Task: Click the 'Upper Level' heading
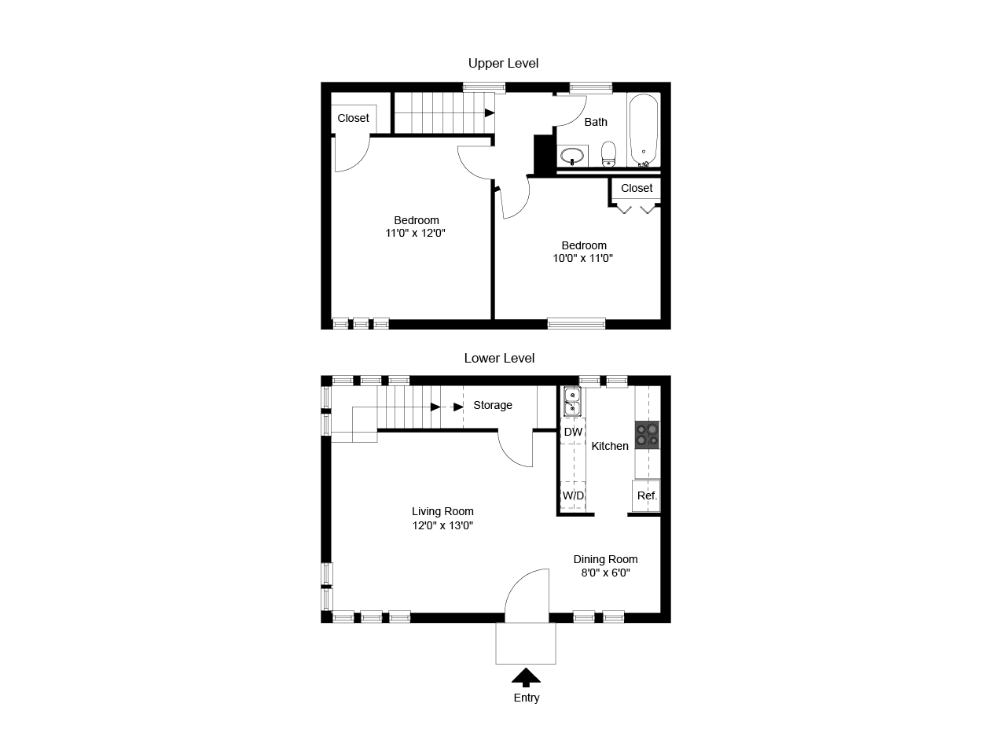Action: (x=503, y=63)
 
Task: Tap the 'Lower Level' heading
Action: (x=499, y=358)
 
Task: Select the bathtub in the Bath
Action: (x=644, y=131)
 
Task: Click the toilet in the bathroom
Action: (x=608, y=154)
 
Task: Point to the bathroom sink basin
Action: (x=572, y=156)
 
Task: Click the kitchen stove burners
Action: (x=647, y=435)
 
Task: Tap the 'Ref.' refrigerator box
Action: (x=646, y=495)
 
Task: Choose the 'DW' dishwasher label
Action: (x=573, y=432)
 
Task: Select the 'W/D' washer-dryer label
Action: (x=573, y=495)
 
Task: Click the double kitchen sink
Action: (x=572, y=402)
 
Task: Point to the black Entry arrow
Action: (x=526, y=677)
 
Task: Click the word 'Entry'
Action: (x=526, y=698)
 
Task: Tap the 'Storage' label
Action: (x=493, y=405)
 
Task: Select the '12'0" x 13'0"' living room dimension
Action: (x=442, y=525)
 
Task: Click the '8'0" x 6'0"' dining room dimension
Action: (x=605, y=573)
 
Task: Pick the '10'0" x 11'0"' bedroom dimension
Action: (x=582, y=258)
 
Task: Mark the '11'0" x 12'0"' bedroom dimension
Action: (x=415, y=233)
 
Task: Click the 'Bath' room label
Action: (x=596, y=122)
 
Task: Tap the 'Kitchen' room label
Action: (x=610, y=446)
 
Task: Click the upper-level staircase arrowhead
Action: (x=490, y=112)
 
